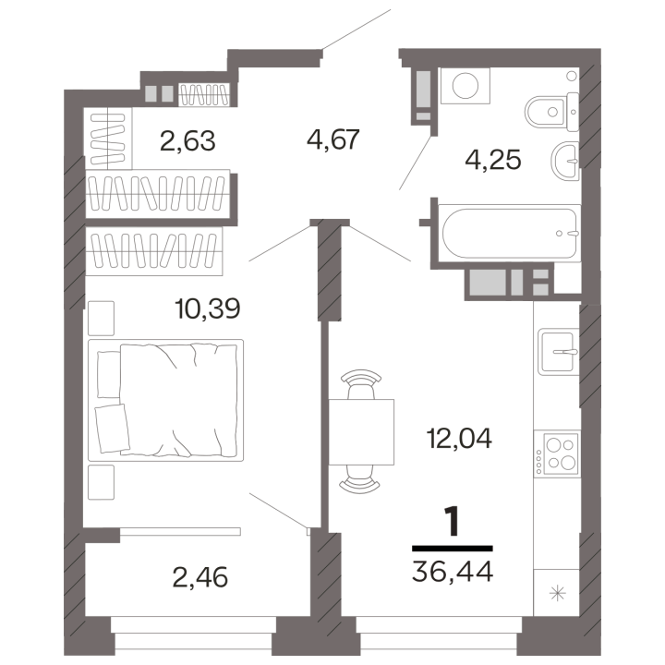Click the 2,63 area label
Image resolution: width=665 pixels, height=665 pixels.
point(187,140)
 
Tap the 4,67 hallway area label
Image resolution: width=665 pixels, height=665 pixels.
point(333,139)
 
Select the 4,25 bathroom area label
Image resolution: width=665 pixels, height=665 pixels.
point(493,161)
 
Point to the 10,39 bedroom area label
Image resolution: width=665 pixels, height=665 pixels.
point(208,308)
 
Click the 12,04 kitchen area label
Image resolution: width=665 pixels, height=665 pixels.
point(459,438)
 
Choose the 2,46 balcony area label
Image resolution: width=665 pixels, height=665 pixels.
point(200,577)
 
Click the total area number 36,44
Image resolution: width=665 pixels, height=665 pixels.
point(453,571)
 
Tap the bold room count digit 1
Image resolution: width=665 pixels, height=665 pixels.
point(452,522)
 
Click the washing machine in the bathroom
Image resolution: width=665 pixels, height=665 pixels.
point(465,86)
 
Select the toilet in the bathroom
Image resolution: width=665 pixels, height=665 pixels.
point(551,112)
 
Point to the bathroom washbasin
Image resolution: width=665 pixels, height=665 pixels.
point(565,161)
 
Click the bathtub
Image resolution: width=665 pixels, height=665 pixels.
point(509,233)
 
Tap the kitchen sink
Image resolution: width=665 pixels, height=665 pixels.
point(558,352)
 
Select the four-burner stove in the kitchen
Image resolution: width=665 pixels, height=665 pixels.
point(557,453)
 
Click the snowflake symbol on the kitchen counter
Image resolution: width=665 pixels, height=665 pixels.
point(557,592)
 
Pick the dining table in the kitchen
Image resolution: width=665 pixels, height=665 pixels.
point(361,431)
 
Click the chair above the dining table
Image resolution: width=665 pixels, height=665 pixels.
point(361,384)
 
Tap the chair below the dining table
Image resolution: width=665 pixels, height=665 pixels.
point(360,479)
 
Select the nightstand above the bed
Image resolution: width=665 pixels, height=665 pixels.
point(101,318)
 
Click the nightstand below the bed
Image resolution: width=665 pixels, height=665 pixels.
point(101,482)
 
